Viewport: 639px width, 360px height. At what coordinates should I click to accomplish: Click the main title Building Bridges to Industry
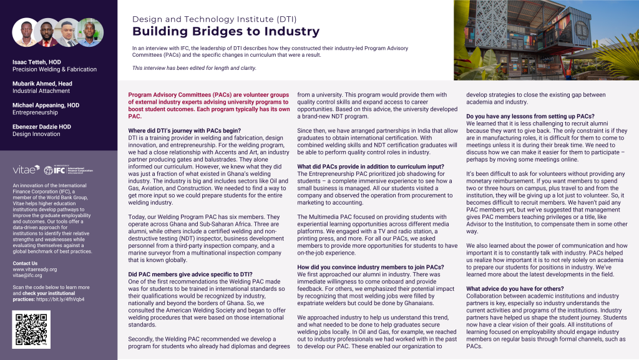point(226,32)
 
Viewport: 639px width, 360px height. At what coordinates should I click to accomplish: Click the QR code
point(32,329)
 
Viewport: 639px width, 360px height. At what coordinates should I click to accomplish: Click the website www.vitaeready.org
point(35,270)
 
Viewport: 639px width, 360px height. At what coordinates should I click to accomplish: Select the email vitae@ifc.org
point(28,276)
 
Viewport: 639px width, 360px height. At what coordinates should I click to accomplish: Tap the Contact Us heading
point(26,263)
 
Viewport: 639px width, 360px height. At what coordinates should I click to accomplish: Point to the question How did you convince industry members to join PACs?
point(371,267)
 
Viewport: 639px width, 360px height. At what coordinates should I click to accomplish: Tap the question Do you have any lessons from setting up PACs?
point(530,115)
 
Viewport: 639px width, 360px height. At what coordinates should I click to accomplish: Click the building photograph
point(546,40)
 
